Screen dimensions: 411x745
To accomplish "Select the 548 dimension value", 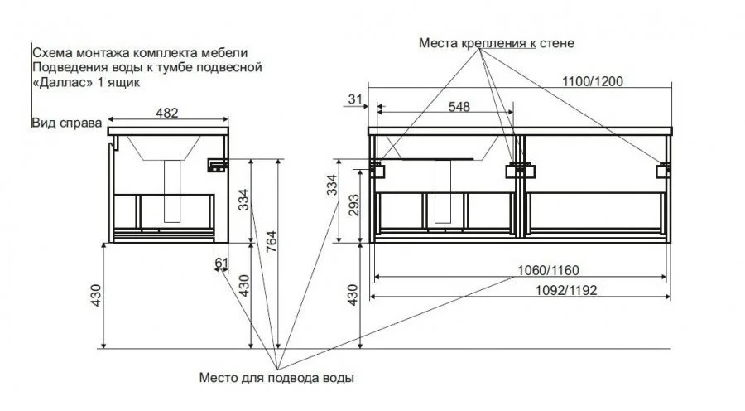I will pyautogui.click(x=464, y=106).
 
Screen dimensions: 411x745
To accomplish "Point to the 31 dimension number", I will pyautogui.click(x=356, y=99).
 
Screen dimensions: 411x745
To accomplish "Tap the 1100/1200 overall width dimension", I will pyautogui.click(x=594, y=81).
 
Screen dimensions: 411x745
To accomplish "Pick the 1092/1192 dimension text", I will pyautogui.click(x=566, y=289).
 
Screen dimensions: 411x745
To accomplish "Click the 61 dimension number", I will pyautogui.click(x=222, y=263).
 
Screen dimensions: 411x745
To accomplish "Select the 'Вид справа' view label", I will pyautogui.click(x=65, y=123).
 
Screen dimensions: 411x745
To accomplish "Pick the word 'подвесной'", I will pyautogui.click(x=235, y=66).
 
